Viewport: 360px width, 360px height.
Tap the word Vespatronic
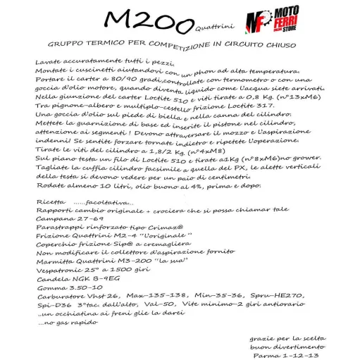[58, 271]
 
